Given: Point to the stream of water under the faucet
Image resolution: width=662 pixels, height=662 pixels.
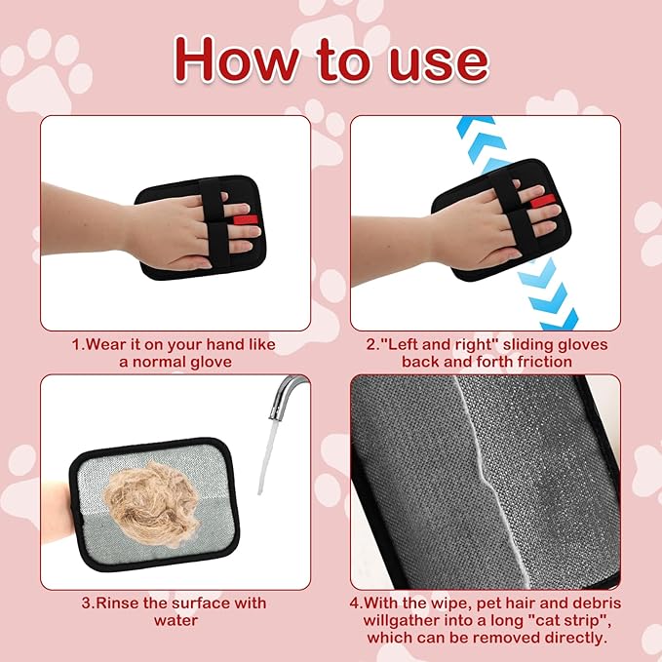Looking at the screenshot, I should (265, 458).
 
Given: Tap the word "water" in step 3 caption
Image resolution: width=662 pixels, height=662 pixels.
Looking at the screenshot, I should (175, 620).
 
